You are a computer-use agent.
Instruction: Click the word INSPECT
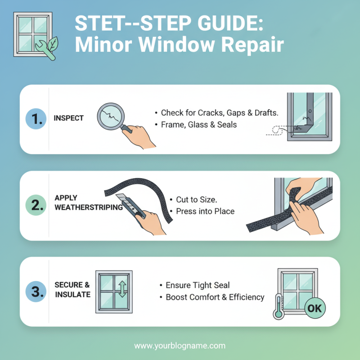coord(68,118)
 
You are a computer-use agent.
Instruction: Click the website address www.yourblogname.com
coord(180,346)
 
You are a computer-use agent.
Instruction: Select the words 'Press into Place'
coord(205,211)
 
